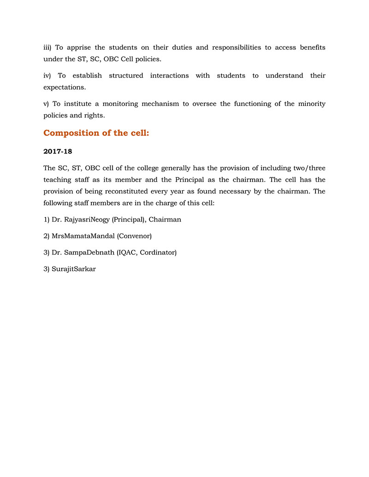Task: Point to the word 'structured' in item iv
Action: (126, 76)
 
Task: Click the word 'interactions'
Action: (169, 76)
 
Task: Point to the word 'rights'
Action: (94, 115)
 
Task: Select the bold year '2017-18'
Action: (58, 152)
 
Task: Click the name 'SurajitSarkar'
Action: (74, 269)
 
